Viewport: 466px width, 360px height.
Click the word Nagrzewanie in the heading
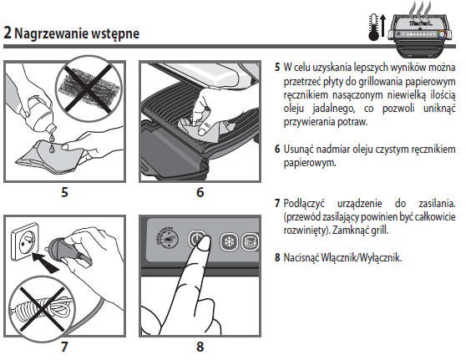tap(51, 33)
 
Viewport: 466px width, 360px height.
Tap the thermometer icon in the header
tap(373, 28)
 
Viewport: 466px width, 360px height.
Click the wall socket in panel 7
tap(25, 242)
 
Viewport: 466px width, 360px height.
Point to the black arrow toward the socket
tap(45, 262)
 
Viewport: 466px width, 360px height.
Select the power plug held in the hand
tap(63, 249)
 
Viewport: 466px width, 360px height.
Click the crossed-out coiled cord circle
tap(42, 309)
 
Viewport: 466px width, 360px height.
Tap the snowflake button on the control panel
tap(229, 241)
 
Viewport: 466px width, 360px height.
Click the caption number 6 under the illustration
tap(200, 192)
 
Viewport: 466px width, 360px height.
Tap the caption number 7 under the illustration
tap(64, 347)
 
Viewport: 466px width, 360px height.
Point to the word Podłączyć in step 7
tap(304, 204)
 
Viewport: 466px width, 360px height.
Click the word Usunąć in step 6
tap(298, 149)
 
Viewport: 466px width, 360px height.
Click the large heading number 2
tap(8, 33)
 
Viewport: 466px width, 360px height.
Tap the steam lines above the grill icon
tap(419, 8)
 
